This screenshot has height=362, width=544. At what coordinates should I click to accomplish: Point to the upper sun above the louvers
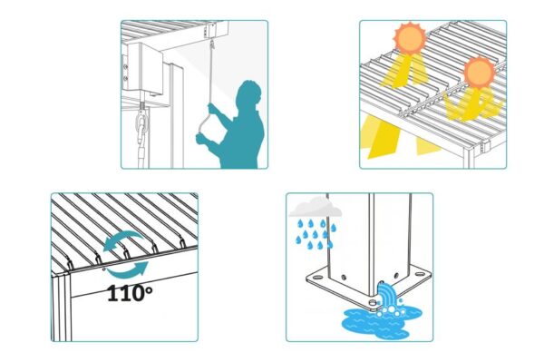(410, 38)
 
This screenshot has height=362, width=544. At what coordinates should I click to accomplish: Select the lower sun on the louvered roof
(480, 73)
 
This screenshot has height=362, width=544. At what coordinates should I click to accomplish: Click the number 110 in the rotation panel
(124, 294)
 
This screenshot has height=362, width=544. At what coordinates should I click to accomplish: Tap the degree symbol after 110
(148, 290)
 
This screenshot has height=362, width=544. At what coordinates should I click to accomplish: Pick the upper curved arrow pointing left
(122, 240)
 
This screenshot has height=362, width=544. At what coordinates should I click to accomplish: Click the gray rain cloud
(315, 208)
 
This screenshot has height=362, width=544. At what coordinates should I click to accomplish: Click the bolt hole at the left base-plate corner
(317, 278)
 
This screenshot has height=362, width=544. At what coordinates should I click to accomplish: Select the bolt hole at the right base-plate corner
(420, 274)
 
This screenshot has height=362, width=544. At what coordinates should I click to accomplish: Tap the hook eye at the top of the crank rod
(212, 44)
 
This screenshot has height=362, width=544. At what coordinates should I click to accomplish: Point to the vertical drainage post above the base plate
(369, 240)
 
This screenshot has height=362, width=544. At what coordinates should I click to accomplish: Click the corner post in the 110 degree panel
(62, 308)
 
